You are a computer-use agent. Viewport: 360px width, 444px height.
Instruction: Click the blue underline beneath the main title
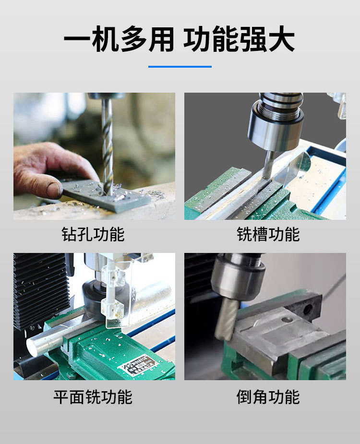click(180, 67)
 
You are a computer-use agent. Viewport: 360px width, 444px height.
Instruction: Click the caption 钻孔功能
click(93, 234)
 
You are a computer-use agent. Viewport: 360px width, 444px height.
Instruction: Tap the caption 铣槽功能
click(268, 234)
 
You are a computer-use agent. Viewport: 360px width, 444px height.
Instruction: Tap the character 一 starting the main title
click(76, 39)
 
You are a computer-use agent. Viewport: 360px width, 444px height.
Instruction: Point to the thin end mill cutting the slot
click(268, 164)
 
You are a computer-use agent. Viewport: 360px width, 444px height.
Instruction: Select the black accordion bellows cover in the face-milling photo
click(41, 290)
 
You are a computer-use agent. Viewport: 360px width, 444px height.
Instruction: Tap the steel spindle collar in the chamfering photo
click(238, 276)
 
